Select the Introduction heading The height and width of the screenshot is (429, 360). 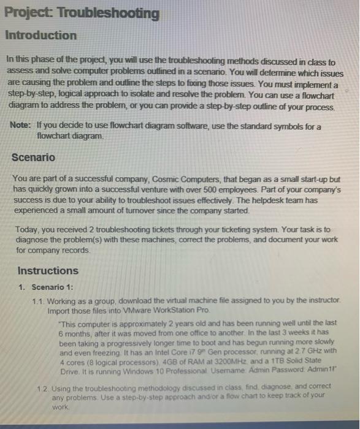(x=41, y=36)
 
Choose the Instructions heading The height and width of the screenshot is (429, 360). (x=48, y=270)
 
